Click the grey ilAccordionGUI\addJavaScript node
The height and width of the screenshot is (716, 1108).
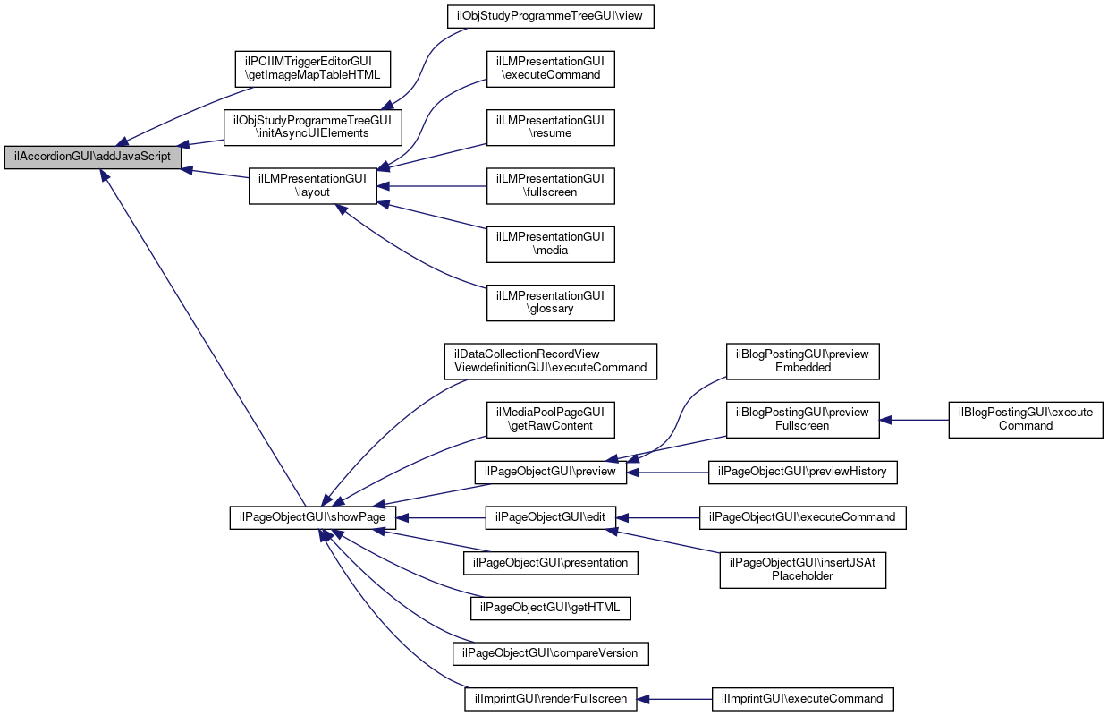[x=92, y=157]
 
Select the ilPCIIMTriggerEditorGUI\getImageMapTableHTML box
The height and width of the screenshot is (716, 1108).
[x=313, y=69]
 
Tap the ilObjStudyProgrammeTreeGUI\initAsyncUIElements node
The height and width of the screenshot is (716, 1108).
[x=313, y=128]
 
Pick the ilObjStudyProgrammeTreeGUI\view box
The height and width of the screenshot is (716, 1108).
[x=551, y=17]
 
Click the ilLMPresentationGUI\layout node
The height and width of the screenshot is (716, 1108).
[x=313, y=185]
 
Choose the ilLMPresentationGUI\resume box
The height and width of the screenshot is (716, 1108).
[x=551, y=128]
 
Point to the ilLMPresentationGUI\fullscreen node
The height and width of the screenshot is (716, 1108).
[x=551, y=185]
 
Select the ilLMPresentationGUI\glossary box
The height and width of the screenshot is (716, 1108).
[x=551, y=303]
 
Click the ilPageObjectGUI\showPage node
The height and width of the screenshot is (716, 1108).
[x=313, y=518]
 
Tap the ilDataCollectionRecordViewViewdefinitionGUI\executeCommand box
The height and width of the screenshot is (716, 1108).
[x=551, y=362]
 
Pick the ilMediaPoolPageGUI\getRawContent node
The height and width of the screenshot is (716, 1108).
[x=551, y=420]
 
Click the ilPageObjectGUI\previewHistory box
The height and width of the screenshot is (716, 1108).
[x=802, y=473]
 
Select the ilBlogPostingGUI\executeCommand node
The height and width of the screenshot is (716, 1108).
[x=1026, y=420]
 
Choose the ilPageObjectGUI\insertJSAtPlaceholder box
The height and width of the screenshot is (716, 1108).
[x=802, y=570]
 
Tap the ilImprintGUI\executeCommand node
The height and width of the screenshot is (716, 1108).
[x=802, y=699]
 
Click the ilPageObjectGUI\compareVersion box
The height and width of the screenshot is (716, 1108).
[x=551, y=653]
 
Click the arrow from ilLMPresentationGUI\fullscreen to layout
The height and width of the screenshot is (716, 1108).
[x=432, y=186]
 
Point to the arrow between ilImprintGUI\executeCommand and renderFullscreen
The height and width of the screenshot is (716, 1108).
[x=674, y=699]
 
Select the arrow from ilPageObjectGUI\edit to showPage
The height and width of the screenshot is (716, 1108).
[x=441, y=518]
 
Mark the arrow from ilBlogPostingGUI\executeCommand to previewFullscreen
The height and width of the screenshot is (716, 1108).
[x=914, y=420]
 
